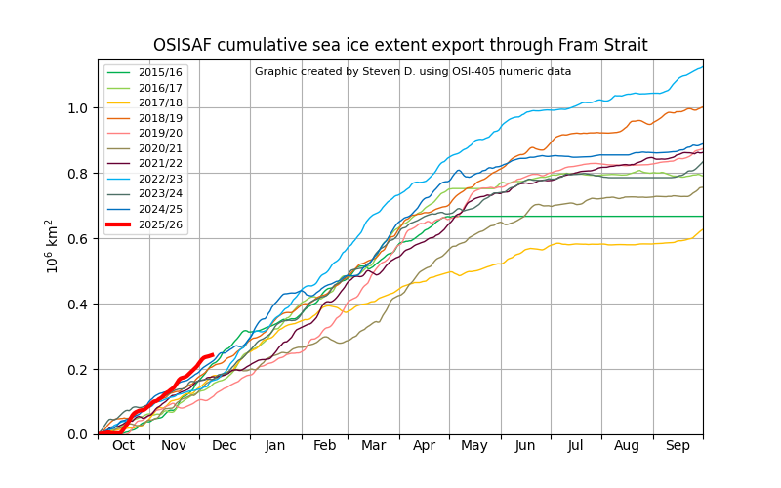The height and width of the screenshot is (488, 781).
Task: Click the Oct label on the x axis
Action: pos(123,445)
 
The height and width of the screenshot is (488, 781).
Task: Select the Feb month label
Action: pos(325,445)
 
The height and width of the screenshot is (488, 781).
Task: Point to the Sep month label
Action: pos(678,445)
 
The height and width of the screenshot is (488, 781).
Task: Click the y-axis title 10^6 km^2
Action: pos(53,246)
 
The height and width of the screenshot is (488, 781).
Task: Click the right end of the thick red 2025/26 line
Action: pos(213,355)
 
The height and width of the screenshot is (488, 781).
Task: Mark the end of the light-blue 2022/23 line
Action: pos(702,67)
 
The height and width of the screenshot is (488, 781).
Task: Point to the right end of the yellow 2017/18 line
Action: pos(702,230)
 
